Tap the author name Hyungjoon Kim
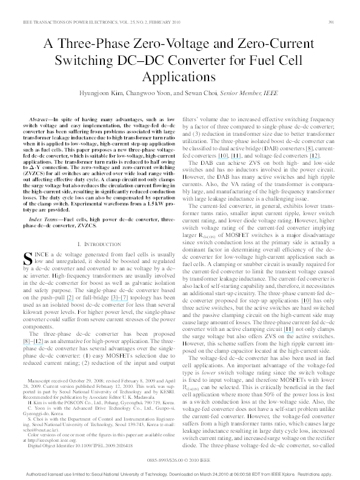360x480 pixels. tap(99, 95)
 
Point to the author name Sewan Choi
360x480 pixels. tap(200, 95)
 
